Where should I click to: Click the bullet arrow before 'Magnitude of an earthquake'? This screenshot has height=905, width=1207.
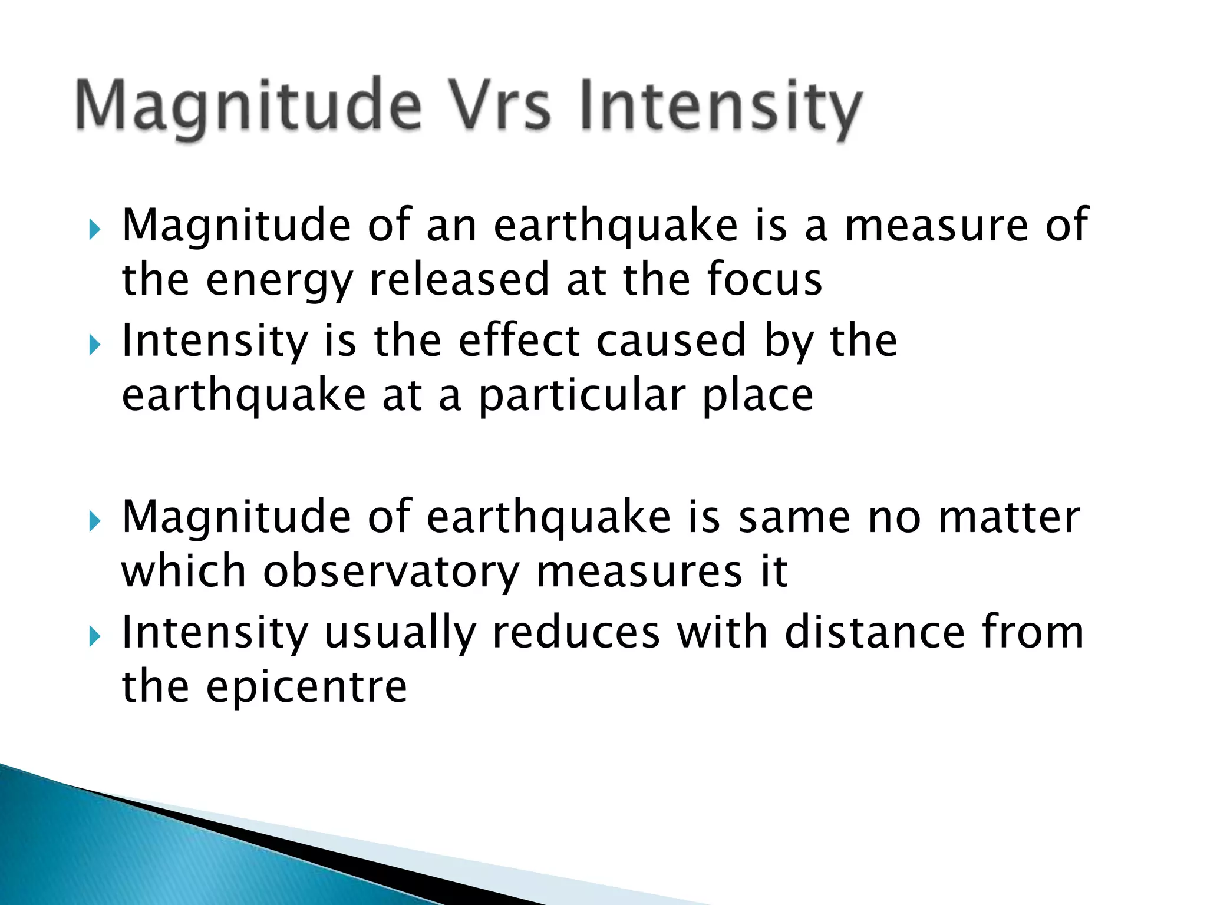click(95, 229)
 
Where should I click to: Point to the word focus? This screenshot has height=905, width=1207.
click(764, 279)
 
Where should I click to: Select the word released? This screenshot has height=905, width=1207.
click(459, 279)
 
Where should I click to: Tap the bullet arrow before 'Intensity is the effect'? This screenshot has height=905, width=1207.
click(95, 345)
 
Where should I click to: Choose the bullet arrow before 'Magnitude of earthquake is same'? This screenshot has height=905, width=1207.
click(95, 521)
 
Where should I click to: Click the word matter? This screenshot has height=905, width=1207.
click(1008, 517)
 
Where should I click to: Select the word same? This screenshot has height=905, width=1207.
click(794, 517)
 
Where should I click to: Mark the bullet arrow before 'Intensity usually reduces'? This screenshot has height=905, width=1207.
click(95, 636)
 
